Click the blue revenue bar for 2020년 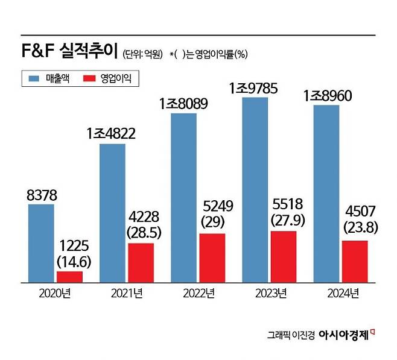pyautogui.click(x=41, y=243)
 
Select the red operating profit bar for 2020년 pyautogui.click(x=69, y=277)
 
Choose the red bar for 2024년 pyautogui.click(x=355, y=261)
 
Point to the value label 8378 pyautogui.click(x=41, y=194)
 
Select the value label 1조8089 pyautogui.click(x=183, y=103)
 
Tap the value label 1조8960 pyautogui.click(x=328, y=95)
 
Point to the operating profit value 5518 pyautogui.click(x=283, y=204)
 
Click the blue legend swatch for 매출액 pyautogui.click(x=33, y=78)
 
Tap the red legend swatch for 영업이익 pyautogui.click(x=89, y=78)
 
